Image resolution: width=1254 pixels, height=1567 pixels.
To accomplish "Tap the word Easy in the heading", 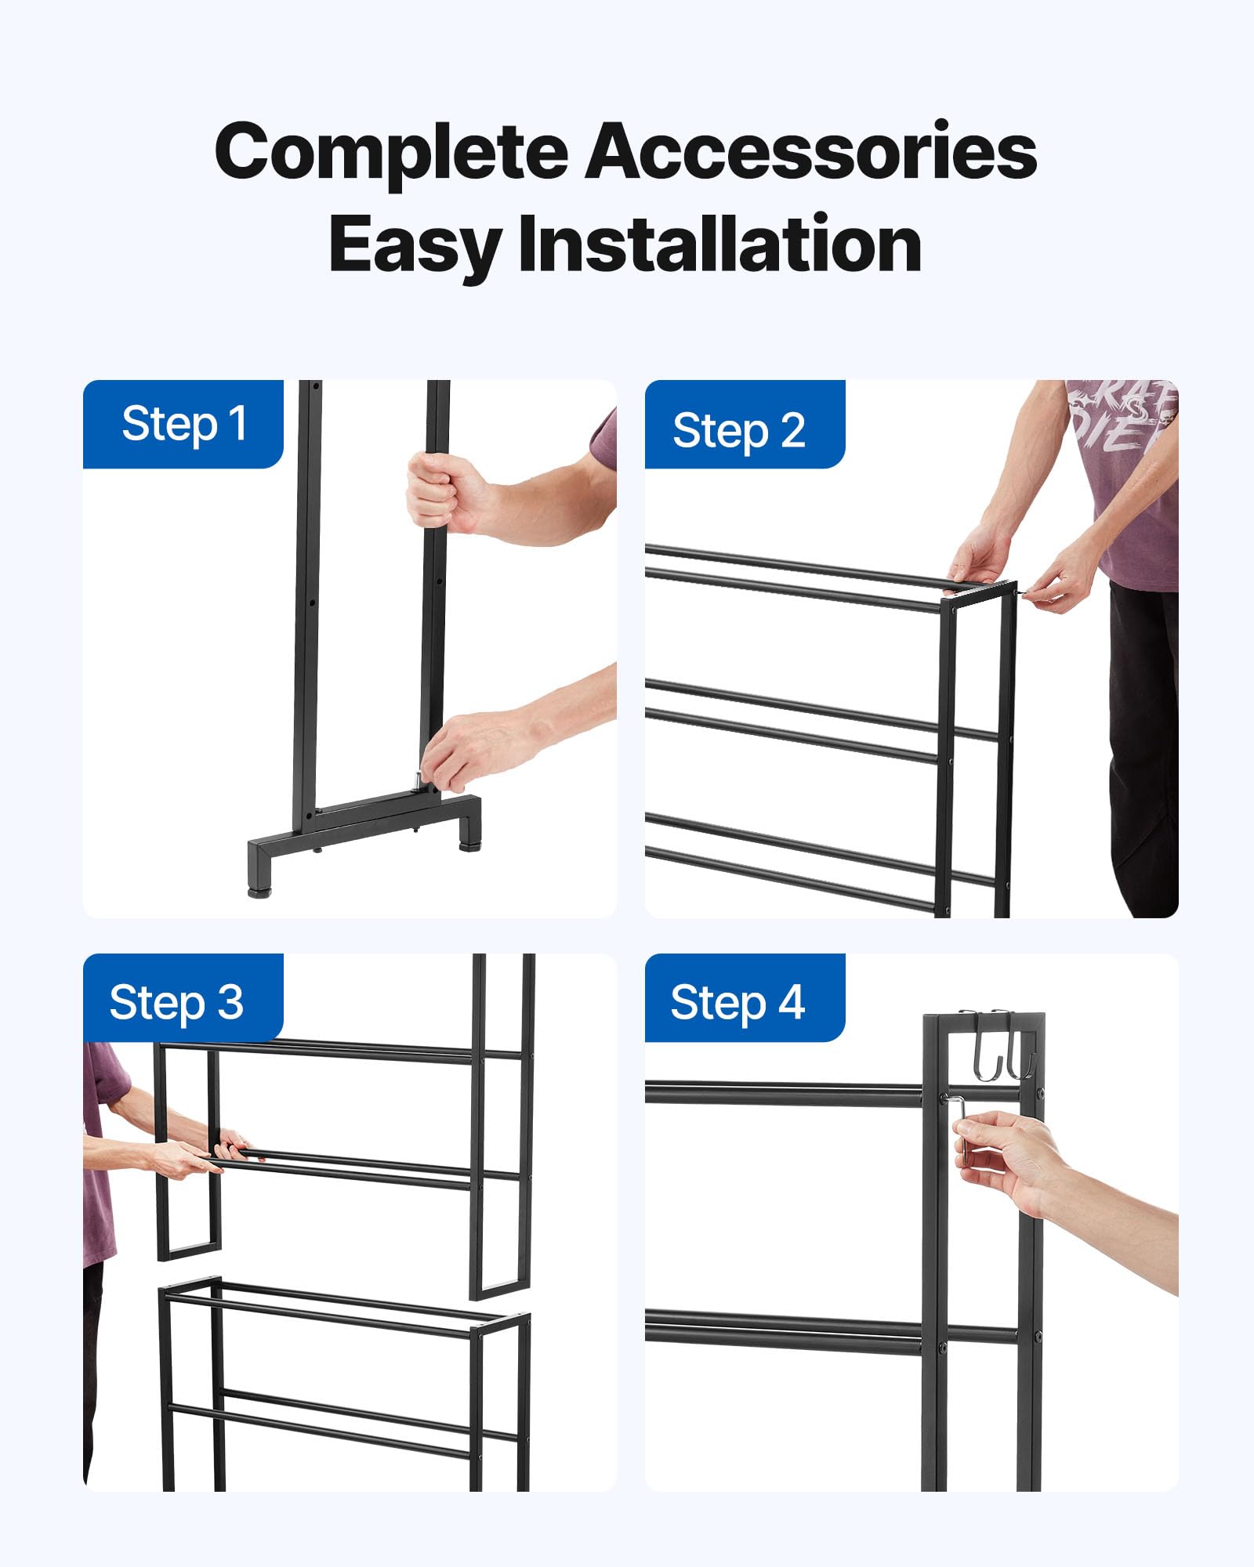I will pyautogui.click(x=414, y=245).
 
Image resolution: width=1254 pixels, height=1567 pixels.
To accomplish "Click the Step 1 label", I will pyautogui.click(x=184, y=425).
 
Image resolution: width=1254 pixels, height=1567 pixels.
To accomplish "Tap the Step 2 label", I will pyautogui.click(x=738, y=431).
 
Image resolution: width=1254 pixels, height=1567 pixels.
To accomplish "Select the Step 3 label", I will pyautogui.click(x=176, y=1003).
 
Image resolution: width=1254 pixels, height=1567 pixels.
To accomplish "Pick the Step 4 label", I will pyautogui.click(x=738, y=1003).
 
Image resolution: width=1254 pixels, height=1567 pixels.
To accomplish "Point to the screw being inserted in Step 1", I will pyautogui.click(x=418, y=780).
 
